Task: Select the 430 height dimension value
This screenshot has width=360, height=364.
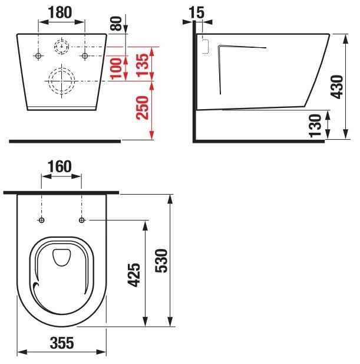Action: [x=338, y=87]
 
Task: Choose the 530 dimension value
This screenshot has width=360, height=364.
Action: [x=161, y=260]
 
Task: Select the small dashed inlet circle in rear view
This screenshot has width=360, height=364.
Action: [x=62, y=45]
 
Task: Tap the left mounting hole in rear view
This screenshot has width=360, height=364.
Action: [x=39, y=56]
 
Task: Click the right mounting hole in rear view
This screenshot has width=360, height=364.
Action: [x=85, y=56]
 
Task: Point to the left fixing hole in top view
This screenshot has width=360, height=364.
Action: [x=41, y=220]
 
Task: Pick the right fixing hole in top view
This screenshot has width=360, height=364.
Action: [x=81, y=220]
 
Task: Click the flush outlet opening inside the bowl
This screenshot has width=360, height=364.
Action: [x=61, y=256]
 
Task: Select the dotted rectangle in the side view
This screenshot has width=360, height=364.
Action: [x=206, y=45]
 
